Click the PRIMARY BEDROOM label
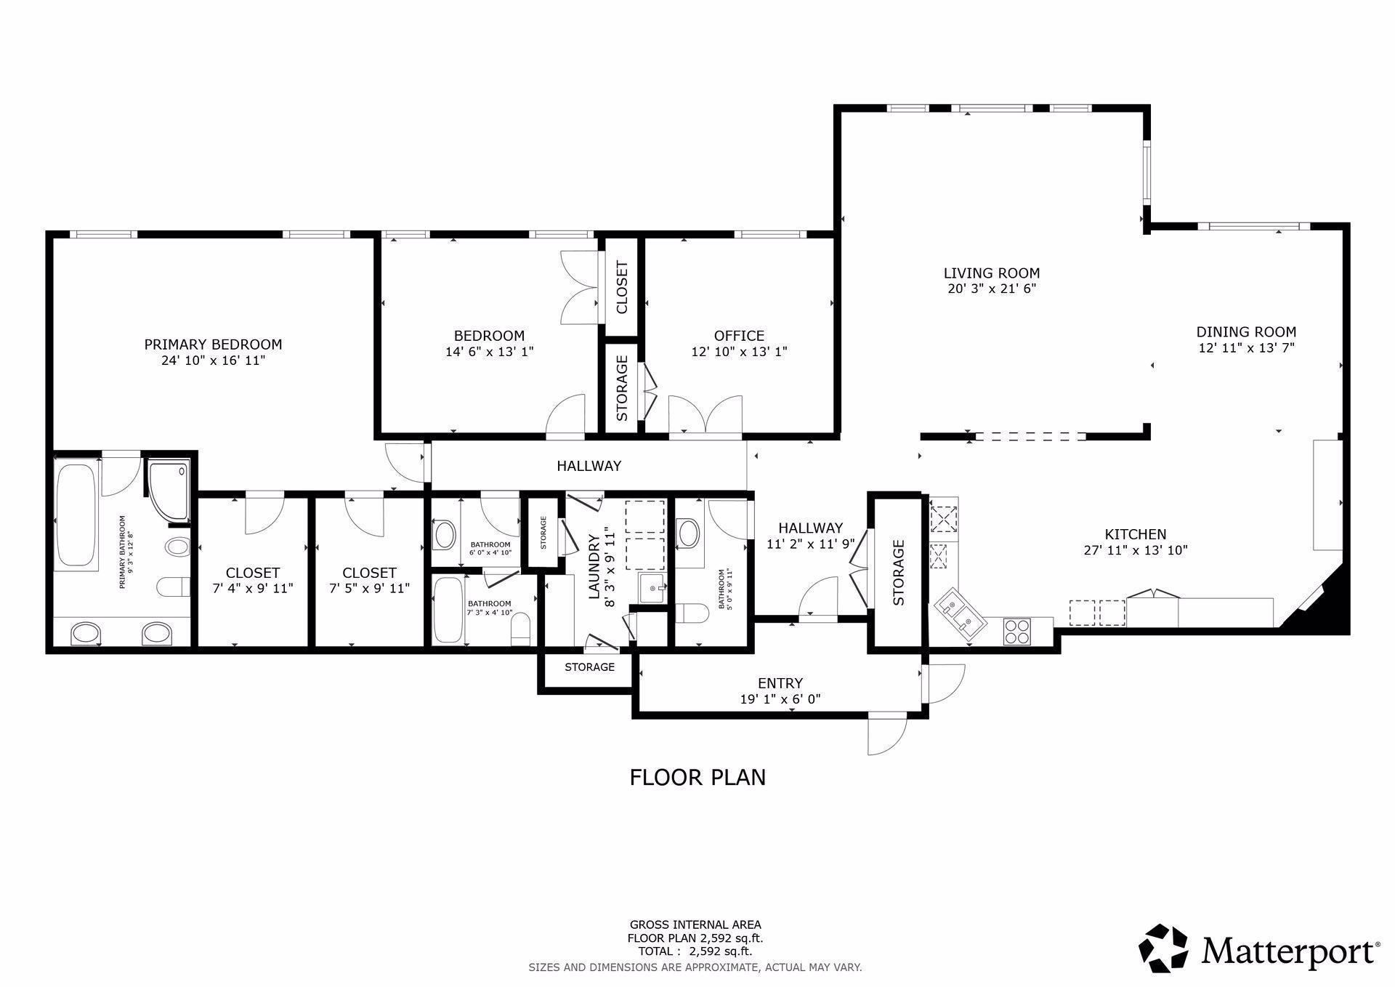click(213, 345)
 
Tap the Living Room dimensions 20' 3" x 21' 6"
click(991, 289)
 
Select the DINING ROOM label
click(1246, 332)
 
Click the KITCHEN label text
click(1135, 534)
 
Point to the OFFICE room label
click(739, 336)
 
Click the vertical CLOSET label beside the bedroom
click(622, 287)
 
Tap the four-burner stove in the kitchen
click(1017, 630)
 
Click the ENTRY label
click(780, 683)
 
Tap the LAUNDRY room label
click(594, 567)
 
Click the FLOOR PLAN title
click(697, 778)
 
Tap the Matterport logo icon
click(1163, 948)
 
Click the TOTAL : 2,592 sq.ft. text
click(695, 951)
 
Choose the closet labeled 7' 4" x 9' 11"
click(252, 580)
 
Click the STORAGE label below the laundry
click(589, 666)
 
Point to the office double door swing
click(705, 415)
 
